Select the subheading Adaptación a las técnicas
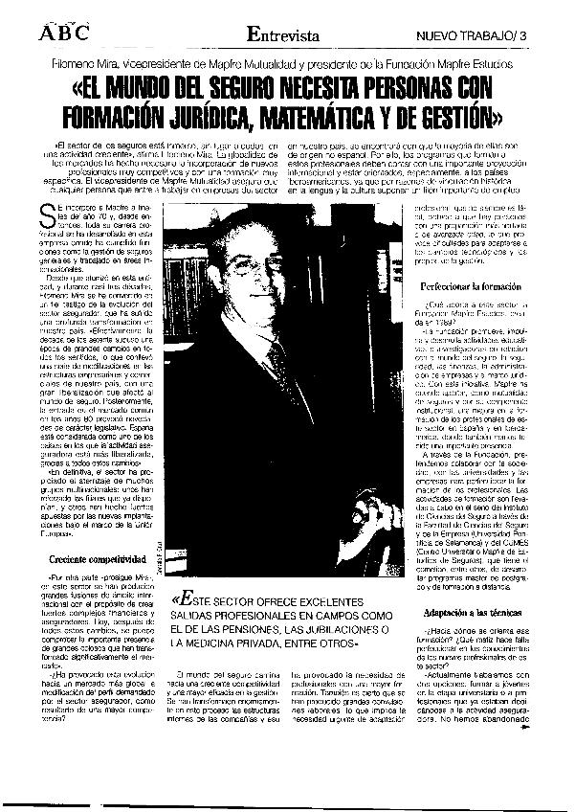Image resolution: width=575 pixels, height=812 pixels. pos(474,611)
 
